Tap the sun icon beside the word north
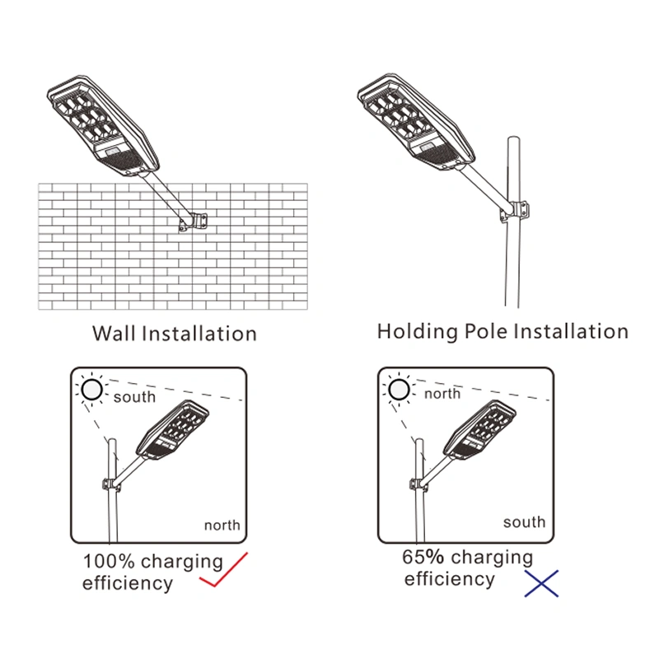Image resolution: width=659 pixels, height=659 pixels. coord(400,388)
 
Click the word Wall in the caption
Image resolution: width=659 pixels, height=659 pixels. coord(114,334)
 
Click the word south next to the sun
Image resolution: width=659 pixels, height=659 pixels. coord(134,397)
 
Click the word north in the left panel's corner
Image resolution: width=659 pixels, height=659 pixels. coord(222,525)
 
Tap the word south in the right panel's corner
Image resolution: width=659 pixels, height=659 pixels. coord(524,521)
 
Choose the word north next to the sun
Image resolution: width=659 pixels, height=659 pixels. coord(442,394)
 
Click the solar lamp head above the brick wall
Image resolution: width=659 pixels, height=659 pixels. coord(100,124)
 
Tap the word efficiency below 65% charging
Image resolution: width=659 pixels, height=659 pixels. coord(449,579)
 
